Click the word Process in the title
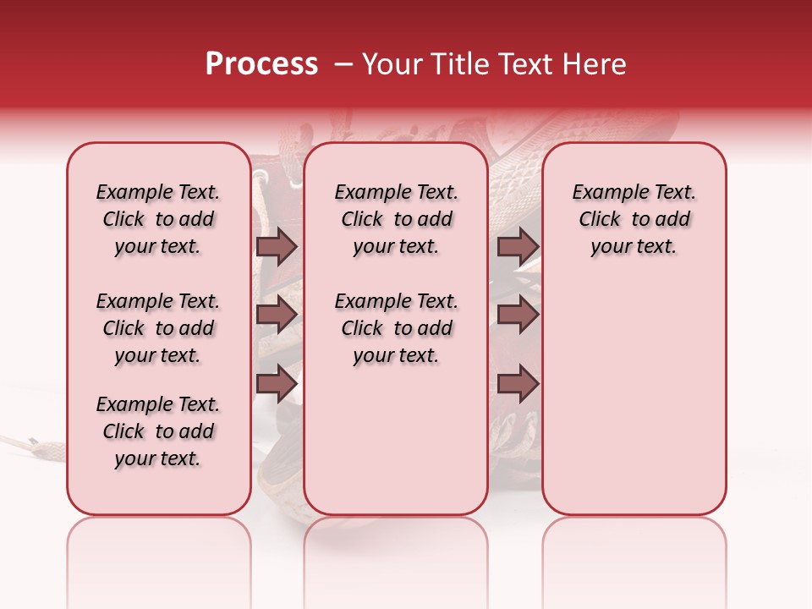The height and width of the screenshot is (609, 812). pos(261,64)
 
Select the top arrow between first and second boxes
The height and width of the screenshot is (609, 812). pos(277,246)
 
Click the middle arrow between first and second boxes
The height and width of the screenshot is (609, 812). pos(277,315)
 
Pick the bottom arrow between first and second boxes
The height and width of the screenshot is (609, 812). pos(277,383)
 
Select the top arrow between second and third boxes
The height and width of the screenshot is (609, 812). pos(518,246)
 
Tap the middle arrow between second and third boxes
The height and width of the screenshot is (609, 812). pos(518,315)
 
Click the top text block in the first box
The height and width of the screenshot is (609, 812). pos(158,219)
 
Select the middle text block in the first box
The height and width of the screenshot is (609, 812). pos(158,328)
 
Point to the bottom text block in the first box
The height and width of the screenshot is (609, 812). pos(158,431)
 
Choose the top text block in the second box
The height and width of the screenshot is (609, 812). pos(396,219)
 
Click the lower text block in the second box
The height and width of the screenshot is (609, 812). pos(396,328)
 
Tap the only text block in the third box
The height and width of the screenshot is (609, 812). pos(634,219)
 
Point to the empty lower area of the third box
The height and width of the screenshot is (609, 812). pos(634,398)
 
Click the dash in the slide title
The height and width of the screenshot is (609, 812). pos(343,64)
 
